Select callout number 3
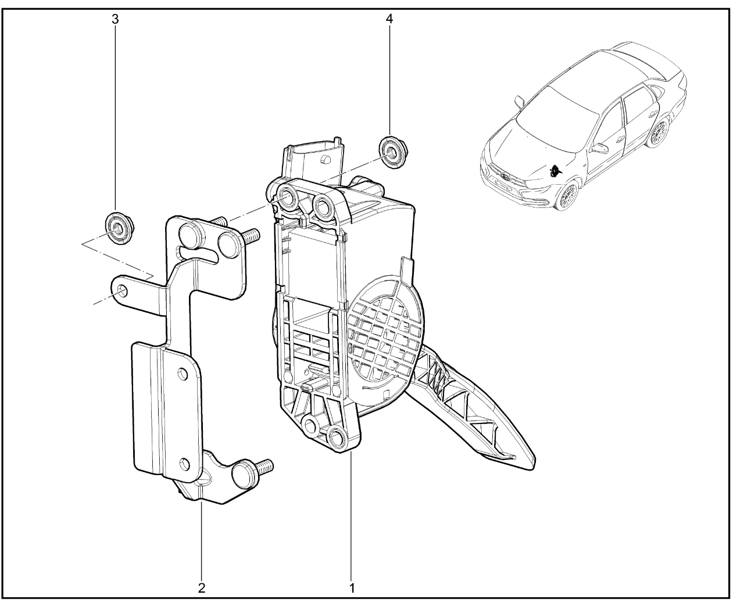115,19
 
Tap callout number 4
389,19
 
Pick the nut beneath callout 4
394,153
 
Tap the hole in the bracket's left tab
122,291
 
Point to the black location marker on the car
555,170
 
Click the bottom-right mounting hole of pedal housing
337,436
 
